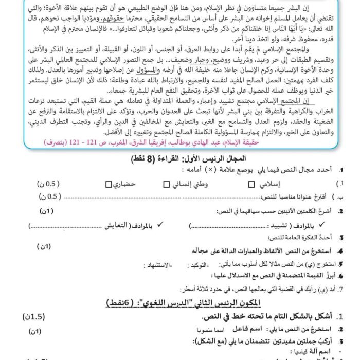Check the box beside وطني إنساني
[166, 184]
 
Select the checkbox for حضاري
[108, 184]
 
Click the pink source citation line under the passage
[221, 143]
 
